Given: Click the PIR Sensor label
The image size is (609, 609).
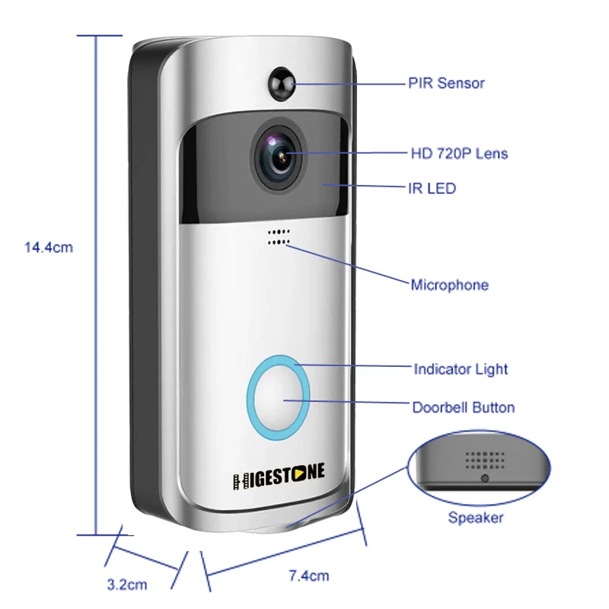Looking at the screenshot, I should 446,83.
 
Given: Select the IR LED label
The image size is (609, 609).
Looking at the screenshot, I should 432,187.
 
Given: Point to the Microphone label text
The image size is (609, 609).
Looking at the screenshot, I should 449,285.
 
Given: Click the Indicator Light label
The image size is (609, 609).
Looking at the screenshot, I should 461,370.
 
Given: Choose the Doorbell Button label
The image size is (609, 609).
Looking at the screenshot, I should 463,407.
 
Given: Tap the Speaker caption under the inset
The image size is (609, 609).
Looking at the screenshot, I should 475,518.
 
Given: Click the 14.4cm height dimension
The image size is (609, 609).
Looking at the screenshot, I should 49,247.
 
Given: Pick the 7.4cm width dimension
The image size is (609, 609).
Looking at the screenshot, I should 309,576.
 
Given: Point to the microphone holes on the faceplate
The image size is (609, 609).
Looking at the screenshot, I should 279,237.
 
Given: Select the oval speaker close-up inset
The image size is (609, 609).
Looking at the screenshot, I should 478,466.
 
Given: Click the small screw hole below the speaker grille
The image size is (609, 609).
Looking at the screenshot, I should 484,478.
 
